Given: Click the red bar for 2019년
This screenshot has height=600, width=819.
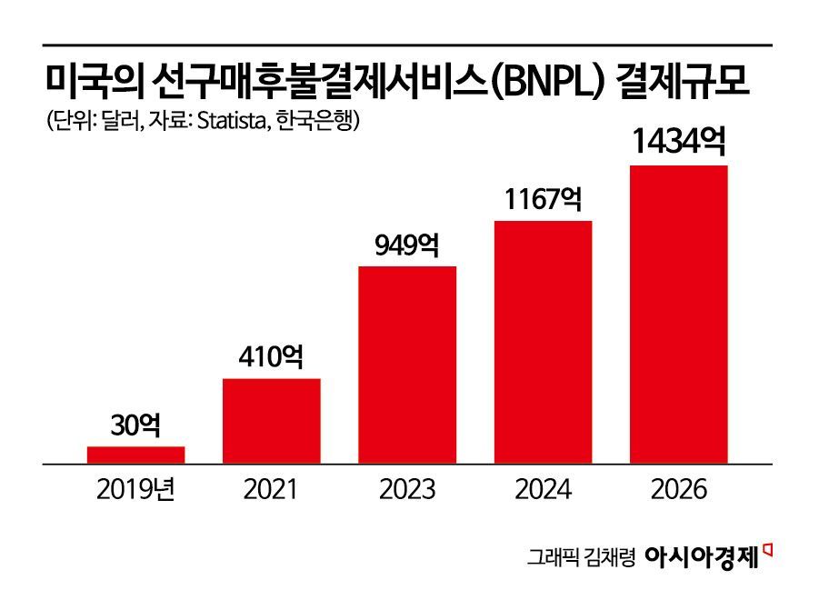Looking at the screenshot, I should click(136, 455).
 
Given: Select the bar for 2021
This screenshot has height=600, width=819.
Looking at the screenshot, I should click(272, 421).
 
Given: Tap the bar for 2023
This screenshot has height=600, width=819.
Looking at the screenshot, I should click(407, 365).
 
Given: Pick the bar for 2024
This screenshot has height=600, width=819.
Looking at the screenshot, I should click(543, 342).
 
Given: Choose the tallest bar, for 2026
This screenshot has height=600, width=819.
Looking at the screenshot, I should click(678, 315).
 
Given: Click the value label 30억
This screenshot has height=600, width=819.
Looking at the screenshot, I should click(136, 425).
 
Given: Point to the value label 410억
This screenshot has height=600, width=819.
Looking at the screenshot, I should click(272, 357).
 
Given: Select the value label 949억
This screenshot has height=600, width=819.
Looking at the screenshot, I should click(407, 245).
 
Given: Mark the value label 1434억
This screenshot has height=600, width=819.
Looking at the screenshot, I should click(678, 143).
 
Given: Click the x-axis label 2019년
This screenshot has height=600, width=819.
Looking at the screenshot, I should click(135, 490).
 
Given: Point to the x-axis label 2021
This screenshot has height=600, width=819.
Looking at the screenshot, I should click(271, 490).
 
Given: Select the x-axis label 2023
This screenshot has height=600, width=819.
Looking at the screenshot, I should click(407, 490).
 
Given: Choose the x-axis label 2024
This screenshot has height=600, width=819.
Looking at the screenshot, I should click(543, 490).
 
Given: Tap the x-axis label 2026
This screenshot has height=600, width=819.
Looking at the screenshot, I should click(678, 490).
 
